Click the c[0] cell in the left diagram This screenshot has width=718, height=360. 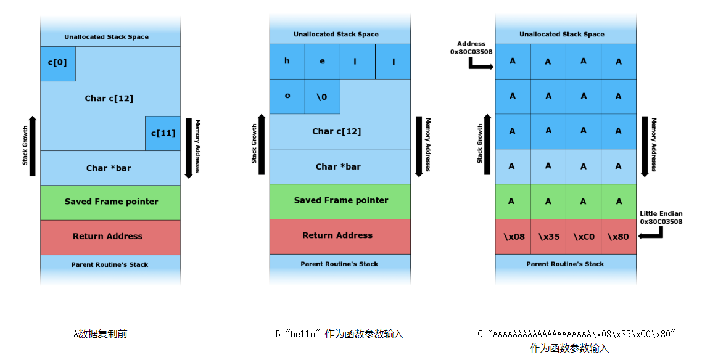(58, 63)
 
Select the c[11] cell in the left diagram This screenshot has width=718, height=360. (163, 133)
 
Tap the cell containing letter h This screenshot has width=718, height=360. (287, 62)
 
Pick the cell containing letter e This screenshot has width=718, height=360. (322, 62)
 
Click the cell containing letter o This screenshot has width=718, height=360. (287, 96)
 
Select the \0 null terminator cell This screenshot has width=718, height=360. (322, 96)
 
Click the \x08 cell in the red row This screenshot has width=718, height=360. (513, 236)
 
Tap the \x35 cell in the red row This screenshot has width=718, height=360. (548, 236)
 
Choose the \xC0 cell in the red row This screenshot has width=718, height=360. (583, 236)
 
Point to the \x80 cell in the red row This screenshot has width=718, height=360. (618, 236)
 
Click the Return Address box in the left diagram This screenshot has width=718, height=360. (110, 237)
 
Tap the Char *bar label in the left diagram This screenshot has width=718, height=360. (109, 168)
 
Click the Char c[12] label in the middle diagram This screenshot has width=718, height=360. (336, 131)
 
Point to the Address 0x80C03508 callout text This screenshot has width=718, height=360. (471, 48)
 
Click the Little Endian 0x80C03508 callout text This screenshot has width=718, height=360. (661, 218)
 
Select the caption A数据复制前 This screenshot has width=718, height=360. (101, 334)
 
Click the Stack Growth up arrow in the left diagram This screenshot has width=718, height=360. (33, 145)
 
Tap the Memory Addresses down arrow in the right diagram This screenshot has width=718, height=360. (645, 146)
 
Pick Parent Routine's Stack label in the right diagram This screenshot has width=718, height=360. (565, 264)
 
